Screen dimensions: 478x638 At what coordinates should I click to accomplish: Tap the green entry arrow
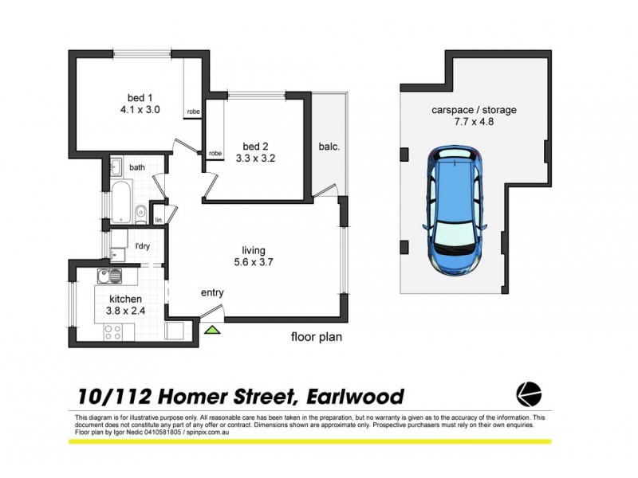click(213, 329)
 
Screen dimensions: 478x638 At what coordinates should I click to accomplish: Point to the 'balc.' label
click(328, 147)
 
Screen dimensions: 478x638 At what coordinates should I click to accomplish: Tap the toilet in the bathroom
click(140, 212)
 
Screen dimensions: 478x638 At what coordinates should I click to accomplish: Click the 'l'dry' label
click(142, 245)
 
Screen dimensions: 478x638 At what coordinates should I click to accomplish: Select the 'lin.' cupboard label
click(159, 219)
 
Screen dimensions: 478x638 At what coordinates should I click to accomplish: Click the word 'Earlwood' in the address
click(354, 396)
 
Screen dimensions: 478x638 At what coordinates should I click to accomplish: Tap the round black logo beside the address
click(530, 394)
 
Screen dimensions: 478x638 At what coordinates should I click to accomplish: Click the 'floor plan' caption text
click(316, 337)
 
